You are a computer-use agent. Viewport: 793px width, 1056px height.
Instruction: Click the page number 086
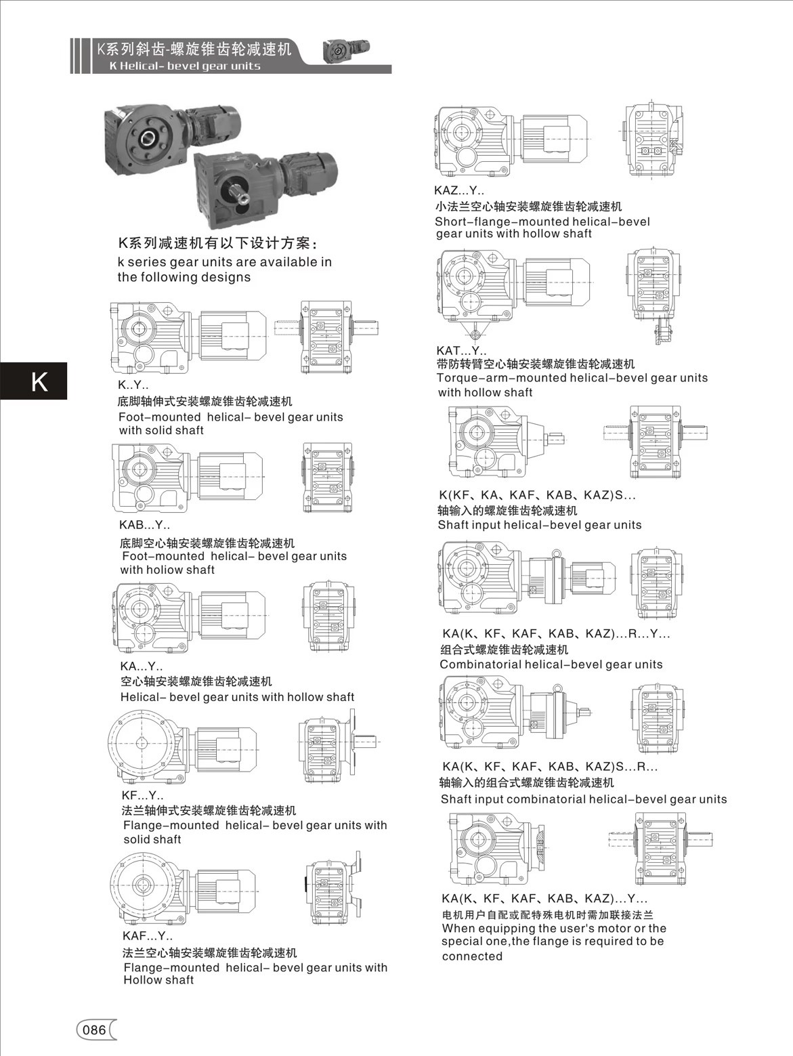[93, 1030]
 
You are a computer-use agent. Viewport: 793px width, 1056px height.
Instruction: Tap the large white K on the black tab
[39, 381]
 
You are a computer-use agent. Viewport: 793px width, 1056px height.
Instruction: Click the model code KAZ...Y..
[458, 191]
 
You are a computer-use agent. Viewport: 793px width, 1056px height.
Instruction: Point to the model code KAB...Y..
[144, 525]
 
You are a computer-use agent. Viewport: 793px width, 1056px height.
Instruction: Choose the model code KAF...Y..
[147, 937]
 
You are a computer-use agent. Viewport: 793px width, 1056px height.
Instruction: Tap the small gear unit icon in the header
[347, 51]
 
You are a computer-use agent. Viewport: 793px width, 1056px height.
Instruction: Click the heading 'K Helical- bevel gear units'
[184, 66]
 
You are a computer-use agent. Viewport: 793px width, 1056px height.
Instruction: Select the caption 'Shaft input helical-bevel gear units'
[539, 525]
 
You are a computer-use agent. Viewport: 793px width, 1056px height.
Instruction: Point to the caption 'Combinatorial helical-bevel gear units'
[551, 664]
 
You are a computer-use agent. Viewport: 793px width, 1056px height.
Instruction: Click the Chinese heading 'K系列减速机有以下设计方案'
[217, 244]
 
